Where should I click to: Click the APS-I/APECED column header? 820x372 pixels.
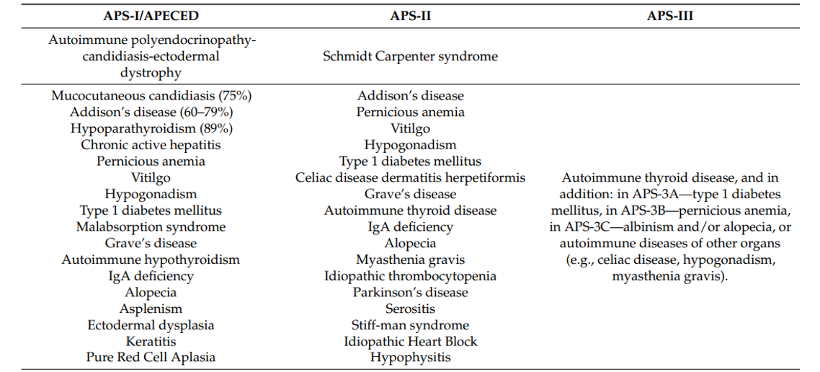[151, 16]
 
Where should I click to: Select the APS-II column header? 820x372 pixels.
[410, 16]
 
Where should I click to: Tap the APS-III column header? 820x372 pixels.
[670, 16]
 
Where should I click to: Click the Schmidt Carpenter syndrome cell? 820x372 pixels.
[410, 56]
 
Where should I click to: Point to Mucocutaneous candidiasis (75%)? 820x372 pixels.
[151, 96]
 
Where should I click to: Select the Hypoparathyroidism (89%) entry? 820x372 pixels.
[151, 128]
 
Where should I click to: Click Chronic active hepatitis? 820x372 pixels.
[151, 144]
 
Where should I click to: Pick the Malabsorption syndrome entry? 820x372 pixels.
[151, 226]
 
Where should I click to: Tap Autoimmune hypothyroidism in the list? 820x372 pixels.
[151, 260]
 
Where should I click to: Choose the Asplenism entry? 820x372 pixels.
[151, 309]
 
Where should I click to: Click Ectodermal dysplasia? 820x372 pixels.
[151, 325]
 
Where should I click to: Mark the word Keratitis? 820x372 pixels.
[151, 341]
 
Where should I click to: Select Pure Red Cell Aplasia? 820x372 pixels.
[151, 358]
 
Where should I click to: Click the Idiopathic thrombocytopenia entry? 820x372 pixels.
[410, 275]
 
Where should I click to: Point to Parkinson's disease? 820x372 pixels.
[410, 292]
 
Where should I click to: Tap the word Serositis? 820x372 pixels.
[410, 309]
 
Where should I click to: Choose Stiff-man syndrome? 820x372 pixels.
[410, 325]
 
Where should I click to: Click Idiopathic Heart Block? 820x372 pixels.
[410, 341]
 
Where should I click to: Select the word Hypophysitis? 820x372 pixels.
[410, 358]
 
